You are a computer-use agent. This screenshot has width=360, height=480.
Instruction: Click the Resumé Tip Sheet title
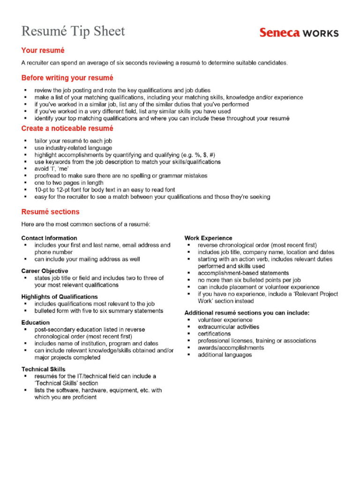(73, 31)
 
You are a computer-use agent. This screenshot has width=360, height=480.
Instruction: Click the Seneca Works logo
(299, 32)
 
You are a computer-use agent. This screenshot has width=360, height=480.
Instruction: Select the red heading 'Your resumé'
(43, 50)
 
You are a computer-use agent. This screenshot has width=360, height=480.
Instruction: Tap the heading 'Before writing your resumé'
(67, 78)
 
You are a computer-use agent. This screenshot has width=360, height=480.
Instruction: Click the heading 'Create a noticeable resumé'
(67, 128)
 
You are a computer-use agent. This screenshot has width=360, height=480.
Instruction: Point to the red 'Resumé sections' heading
(50, 212)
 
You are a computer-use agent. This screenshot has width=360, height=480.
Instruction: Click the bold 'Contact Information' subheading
(49, 238)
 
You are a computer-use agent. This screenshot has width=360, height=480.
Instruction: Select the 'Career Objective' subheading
(45, 271)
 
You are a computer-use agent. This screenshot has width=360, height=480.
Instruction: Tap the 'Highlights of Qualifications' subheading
(60, 297)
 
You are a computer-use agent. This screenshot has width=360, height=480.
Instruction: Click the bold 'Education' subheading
(35, 322)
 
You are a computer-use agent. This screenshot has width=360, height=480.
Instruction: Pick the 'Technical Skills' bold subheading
(43, 369)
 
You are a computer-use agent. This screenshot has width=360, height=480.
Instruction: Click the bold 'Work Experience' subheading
(208, 238)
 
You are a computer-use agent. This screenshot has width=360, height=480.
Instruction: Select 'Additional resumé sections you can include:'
(247, 313)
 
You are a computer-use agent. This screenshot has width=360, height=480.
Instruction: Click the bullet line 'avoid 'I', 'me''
(52, 169)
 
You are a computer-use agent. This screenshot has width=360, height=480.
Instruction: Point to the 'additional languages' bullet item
(225, 355)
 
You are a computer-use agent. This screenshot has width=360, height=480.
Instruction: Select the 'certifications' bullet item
(214, 334)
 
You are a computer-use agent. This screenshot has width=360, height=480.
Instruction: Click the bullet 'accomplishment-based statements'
(243, 273)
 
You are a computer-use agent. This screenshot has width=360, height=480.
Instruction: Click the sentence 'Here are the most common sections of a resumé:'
(86, 225)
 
